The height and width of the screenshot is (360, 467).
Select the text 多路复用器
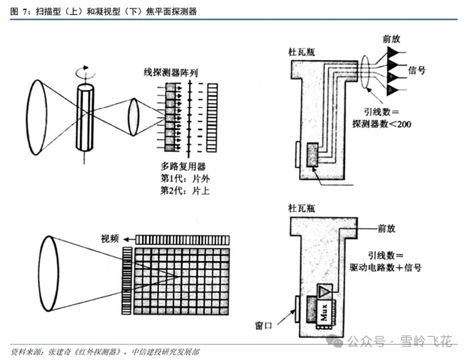(x=183, y=166)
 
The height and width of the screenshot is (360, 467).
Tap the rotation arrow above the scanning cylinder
(x=86, y=70)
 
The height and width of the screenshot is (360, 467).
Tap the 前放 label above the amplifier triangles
(x=391, y=38)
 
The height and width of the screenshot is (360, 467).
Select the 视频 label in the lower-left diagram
(x=111, y=238)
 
